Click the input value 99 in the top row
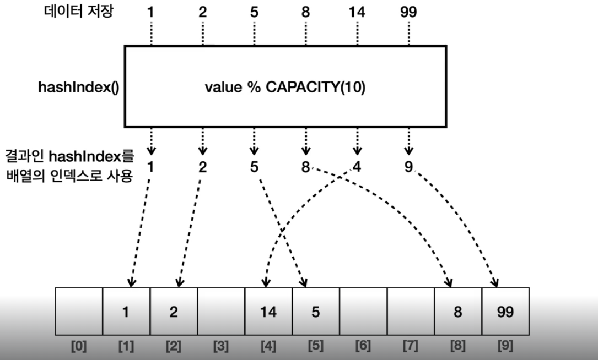click(408, 12)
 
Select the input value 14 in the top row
click(357, 12)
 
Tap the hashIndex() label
click(78, 87)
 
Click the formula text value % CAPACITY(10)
click(284, 88)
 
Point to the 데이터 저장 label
click(78, 12)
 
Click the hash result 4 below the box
click(357, 166)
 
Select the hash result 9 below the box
click(408, 166)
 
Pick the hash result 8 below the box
click(305, 166)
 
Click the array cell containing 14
click(268, 312)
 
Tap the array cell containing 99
click(505, 312)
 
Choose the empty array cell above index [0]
click(79, 312)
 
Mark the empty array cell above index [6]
click(363, 312)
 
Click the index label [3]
click(221, 347)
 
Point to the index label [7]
click(411, 347)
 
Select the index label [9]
click(505, 347)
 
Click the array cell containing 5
click(316, 312)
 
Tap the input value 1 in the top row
click(150, 12)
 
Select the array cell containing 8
click(458, 312)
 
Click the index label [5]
click(316, 347)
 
